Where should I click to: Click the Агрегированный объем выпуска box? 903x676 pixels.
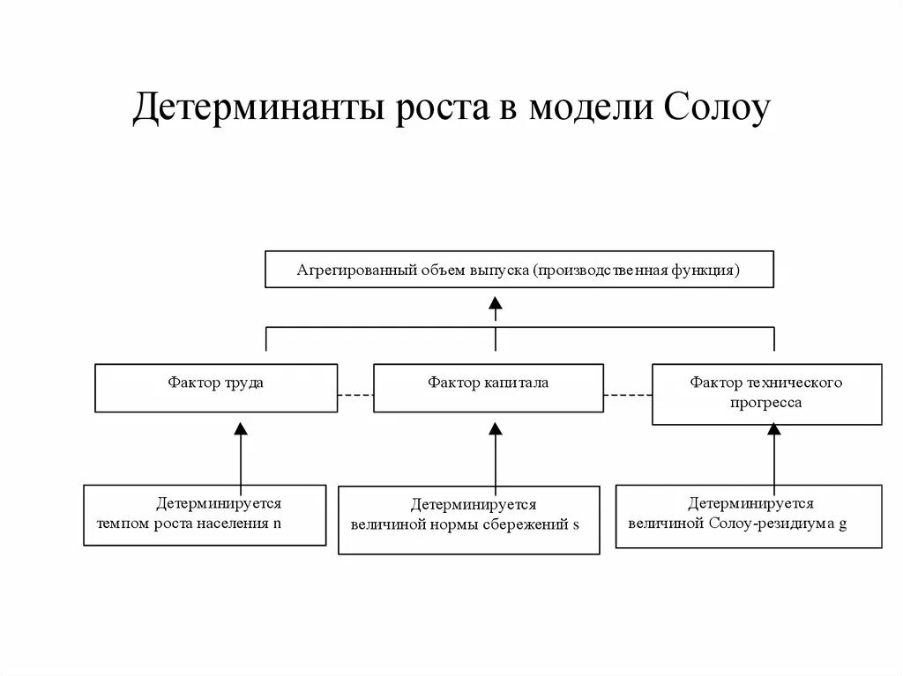click(x=519, y=270)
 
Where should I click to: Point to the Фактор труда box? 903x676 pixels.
click(x=215, y=388)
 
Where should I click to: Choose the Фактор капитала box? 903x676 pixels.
click(x=488, y=388)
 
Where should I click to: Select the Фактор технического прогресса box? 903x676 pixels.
click(x=766, y=393)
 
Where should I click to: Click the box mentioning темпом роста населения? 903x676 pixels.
click(x=205, y=515)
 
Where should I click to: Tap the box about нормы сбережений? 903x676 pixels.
click(x=468, y=520)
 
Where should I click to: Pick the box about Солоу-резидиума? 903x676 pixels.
click(x=748, y=516)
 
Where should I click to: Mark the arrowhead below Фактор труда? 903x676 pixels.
click(x=241, y=428)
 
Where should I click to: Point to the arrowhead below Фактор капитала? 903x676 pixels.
click(x=496, y=428)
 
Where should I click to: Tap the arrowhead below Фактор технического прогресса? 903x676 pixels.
click(x=774, y=428)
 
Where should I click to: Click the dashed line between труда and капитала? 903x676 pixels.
click(x=355, y=395)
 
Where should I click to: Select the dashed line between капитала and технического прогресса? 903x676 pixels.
click(x=627, y=395)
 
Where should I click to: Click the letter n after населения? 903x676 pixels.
click(x=277, y=523)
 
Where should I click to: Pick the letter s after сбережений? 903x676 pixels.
click(x=576, y=525)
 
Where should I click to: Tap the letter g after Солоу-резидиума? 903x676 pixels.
click(x=842, y=524)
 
